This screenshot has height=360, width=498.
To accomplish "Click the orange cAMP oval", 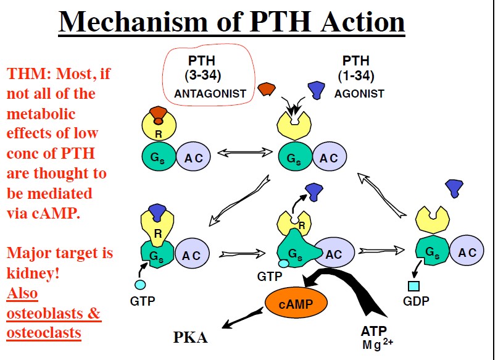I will tap(296, 303).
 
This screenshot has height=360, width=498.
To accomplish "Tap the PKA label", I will tap(191, 338).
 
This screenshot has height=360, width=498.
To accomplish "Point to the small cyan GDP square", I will tap(414, 286).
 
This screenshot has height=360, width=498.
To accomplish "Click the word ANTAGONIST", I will tap(210, 94).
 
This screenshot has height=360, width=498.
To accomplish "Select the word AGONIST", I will tap(359, 94).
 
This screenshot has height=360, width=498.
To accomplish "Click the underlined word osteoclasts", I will tap(44, 332).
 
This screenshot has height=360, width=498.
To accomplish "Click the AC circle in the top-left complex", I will tap(193, 157).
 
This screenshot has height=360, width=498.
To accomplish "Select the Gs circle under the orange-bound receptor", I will tap(158, 157).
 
